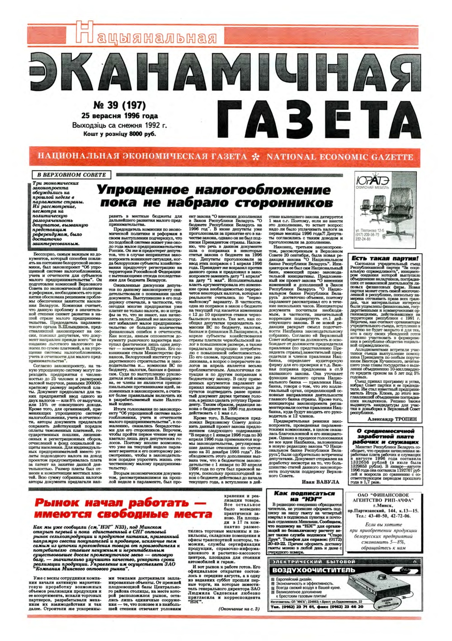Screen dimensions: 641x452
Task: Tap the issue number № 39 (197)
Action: point(119,106)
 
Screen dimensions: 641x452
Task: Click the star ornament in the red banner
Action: point(256,157)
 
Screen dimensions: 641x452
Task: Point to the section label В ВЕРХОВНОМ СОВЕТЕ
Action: point(71,175)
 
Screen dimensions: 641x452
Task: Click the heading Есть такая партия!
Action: point(384,258)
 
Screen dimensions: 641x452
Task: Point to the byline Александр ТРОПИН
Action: point(392,423)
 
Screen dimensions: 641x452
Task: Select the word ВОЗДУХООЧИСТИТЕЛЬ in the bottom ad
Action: point(314,570)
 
